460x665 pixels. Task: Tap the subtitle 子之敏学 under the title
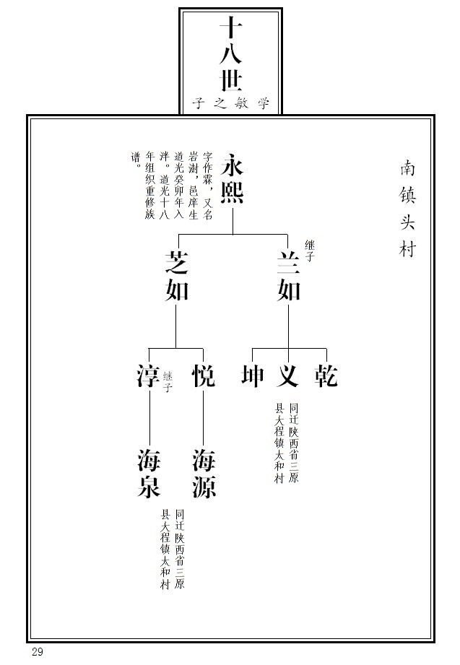(x=231, y=103)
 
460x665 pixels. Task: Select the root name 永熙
(x=233, y=179)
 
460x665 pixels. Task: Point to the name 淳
(x=148, y=376)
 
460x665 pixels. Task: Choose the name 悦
(x=204, y=376)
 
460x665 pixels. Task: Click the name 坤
(x=252, y=376)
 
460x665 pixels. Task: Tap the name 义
(x=289, y=376)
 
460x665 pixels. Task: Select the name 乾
(x=326, y=376)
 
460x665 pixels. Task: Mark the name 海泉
(x=149, y=473)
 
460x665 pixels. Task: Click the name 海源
(x=204, y=473)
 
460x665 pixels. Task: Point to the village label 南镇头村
(x=408, y=209)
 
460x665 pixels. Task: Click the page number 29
(x=38, y=652)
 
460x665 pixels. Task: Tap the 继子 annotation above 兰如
(x=309, y=250)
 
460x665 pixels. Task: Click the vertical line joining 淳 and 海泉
(x=149, y=419)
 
